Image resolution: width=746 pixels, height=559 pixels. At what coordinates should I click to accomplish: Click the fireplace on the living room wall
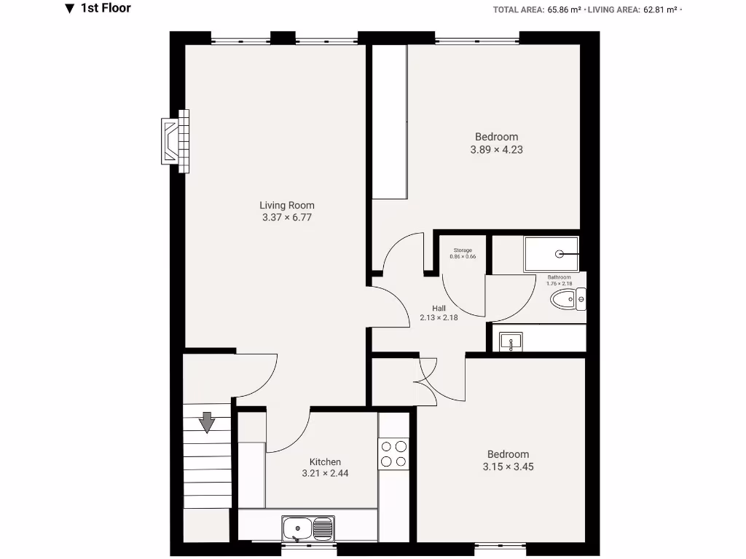tap(175, 141)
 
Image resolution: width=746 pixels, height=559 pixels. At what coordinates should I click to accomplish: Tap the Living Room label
tap(287, 205)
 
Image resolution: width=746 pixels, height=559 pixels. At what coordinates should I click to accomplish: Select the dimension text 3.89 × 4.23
tap(497, 150)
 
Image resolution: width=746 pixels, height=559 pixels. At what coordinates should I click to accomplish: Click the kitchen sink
tap(308, 528)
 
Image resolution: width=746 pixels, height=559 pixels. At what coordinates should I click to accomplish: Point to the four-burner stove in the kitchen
tap(394, 453)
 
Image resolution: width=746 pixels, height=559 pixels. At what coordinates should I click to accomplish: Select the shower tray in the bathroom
tap(551, 254)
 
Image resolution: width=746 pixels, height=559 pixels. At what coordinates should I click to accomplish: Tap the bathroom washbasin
tap(511, 341)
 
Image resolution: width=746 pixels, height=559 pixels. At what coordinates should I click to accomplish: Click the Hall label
tap(439, 308)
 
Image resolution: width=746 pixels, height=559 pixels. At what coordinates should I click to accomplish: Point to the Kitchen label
tap(325, 462)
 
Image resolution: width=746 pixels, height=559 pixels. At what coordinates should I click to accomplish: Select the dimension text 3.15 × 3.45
tap(508, 467)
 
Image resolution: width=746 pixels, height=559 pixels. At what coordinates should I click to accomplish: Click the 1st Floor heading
tap(106, 9)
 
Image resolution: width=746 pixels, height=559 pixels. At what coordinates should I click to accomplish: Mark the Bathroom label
tap(559, 277)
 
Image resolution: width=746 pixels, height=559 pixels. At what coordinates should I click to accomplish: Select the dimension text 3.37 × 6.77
tap(287, 217)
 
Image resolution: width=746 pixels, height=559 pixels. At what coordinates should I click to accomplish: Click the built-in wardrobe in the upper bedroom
tap(389, 122)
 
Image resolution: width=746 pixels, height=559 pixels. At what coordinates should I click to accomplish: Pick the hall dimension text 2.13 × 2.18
tap(439, 317)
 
